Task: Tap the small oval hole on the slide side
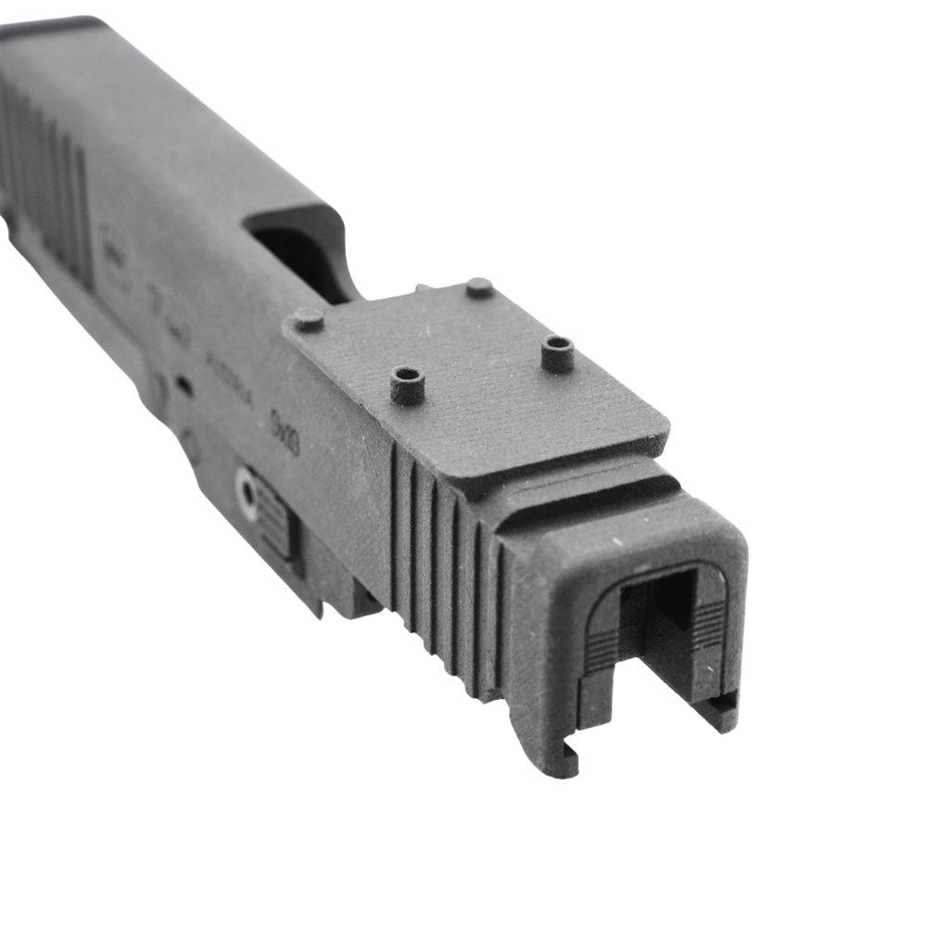184,386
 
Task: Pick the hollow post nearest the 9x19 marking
407,384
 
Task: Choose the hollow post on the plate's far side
557,353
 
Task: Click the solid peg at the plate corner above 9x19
309,320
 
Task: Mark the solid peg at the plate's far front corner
478,287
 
